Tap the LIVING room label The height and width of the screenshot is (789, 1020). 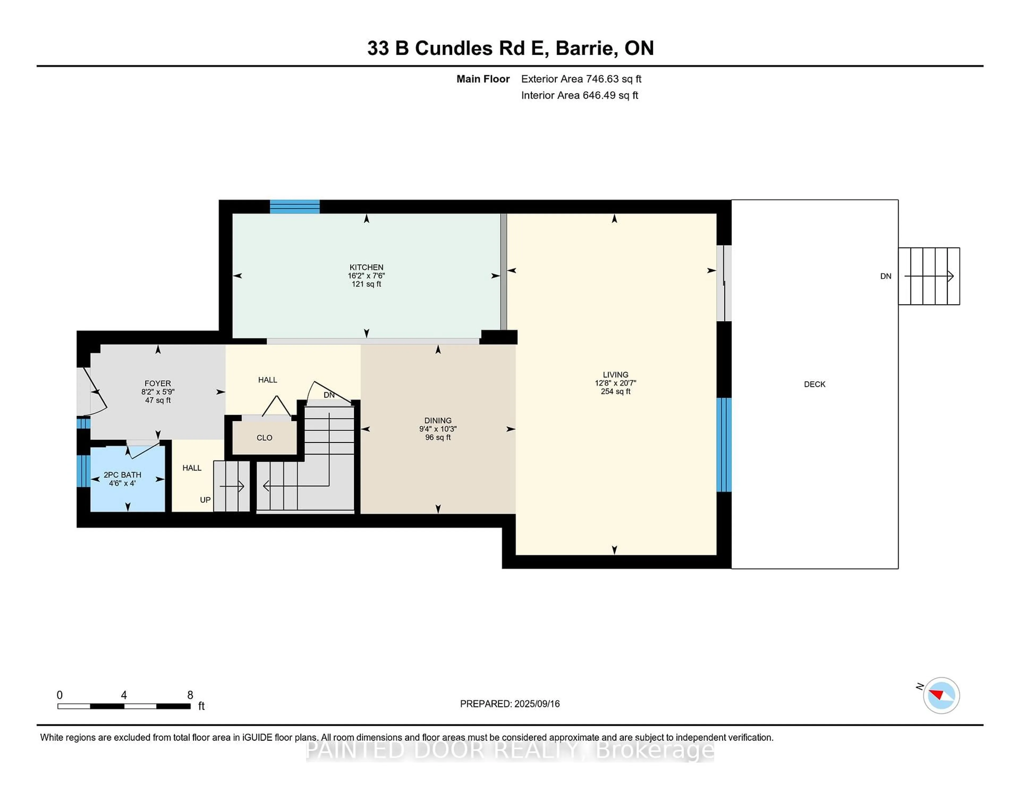click(x=615, y=374)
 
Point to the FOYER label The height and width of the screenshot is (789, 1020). click(x=158, y=383)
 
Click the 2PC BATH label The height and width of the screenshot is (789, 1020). click(x=122, y=475)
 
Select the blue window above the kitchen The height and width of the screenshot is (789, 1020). click(x=295, y=207)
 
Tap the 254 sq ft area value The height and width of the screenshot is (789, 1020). click(x=615, y=392)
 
